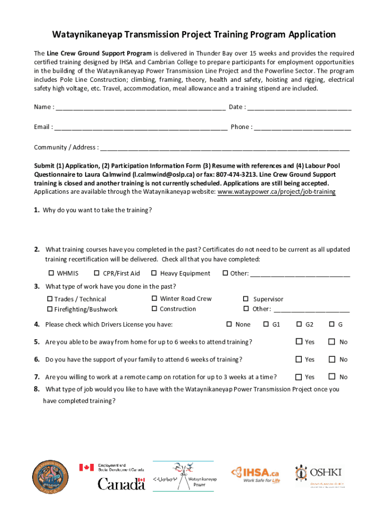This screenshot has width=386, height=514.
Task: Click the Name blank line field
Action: coord(140,107)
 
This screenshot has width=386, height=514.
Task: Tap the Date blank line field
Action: coord(299,107)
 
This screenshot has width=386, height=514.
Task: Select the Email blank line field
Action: coord(140,127)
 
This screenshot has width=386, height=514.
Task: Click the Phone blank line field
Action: coord(302,127)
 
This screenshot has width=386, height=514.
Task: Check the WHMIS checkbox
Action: coord(51,274)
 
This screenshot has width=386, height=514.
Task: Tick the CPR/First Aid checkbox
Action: coord(97,274)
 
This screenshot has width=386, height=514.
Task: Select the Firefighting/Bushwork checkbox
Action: coord(50,309)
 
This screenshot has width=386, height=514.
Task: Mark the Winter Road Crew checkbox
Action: coord(154,299)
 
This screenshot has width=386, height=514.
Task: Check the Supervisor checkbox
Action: coord(246,299)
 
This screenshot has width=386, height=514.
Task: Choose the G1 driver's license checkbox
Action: coord(266,324)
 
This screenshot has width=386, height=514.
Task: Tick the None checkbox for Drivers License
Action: coord(229,324)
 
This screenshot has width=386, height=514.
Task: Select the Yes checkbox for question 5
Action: coord(299,342)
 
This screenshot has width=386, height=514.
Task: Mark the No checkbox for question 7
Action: coord(331,376)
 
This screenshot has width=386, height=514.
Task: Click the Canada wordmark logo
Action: coord(121,483)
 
